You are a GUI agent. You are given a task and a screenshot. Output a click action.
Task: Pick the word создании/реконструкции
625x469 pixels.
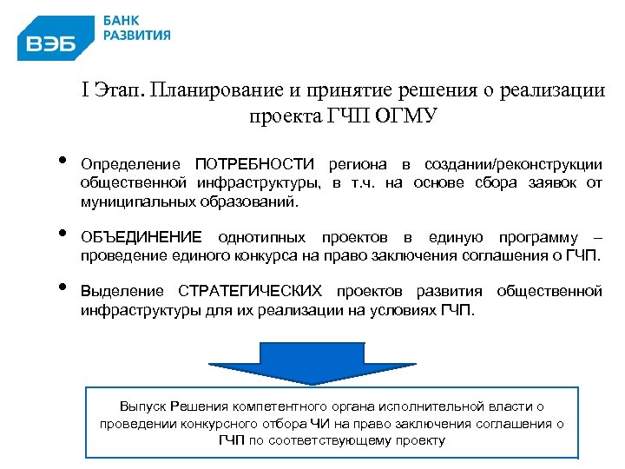513,164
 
